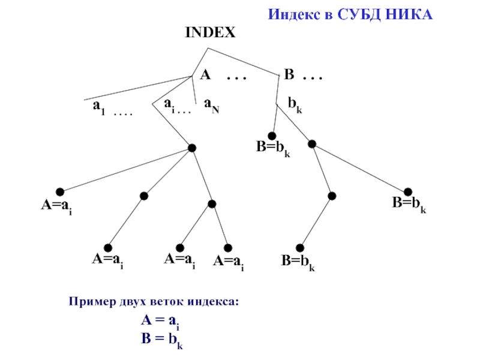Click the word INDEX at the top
tap(210, 33)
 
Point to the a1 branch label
tap(97, 106)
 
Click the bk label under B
tap(295, 105)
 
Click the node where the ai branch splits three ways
tap(191, 148)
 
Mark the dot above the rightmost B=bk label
tap(408, 191)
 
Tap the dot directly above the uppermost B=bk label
tap(272, 135)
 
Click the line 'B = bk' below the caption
tap(161, 339)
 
